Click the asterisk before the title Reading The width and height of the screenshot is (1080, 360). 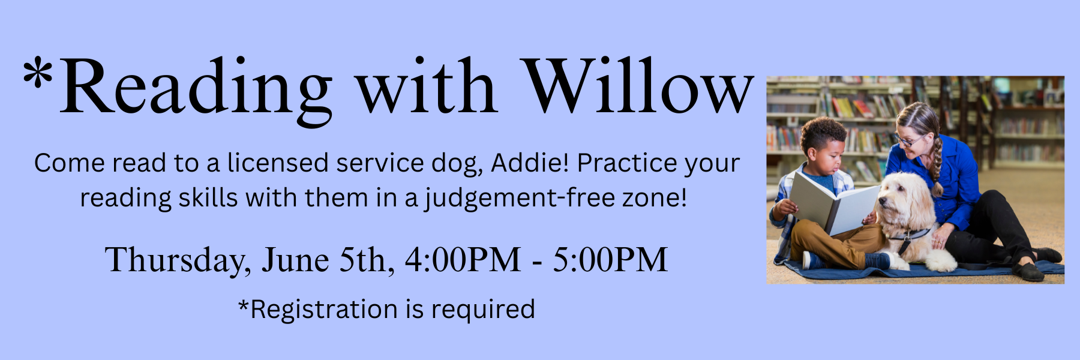point(38,74)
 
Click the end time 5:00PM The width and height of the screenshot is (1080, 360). point(610,260)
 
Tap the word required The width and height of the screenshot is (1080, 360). point(483,310)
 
